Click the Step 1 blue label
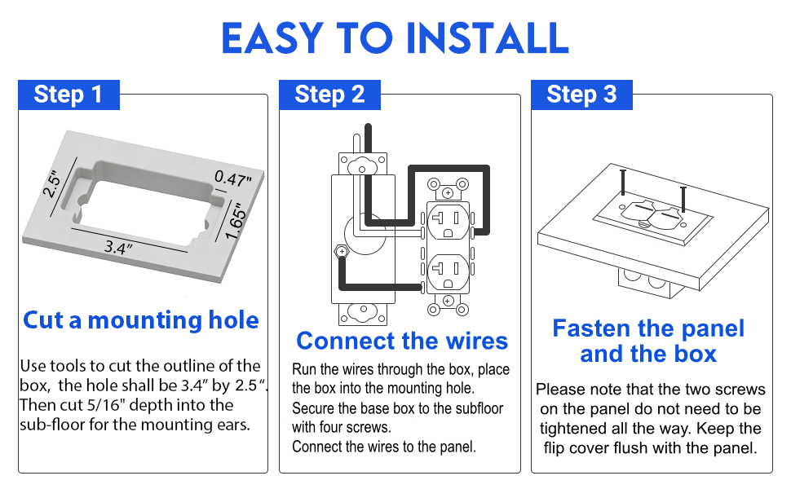click(x=68, y=95)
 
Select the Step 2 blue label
click(x=329, y=95)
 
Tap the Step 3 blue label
click(x=581, y=95)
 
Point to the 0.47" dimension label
click(x=233, y=178)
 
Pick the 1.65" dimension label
click(x=236, y=219)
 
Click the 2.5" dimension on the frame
click(x=54, y=183)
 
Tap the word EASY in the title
click(x=272, y=37)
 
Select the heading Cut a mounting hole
click(x=141, y=320)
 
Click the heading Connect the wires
click(x=401, y=341)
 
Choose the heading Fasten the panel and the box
click(x=648, y=341)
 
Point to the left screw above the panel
click(x=622, y=181)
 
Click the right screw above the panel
click(x=683, y=196)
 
